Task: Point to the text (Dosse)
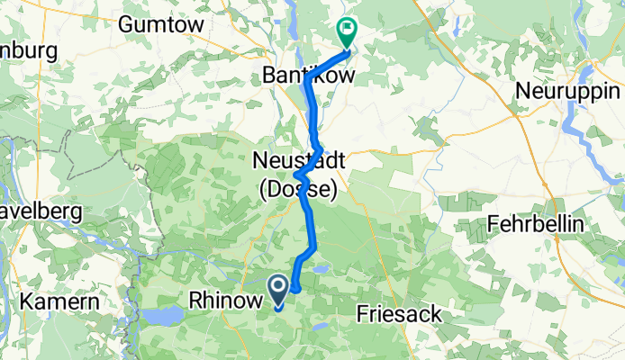pyautogui.click(x=297, y=190)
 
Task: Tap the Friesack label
pyautogui.click(x=401, y=314)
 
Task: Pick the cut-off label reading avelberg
pyautogui.click(x=41, y=212)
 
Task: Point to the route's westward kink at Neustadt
pyautogui.click(x=296, y=175)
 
